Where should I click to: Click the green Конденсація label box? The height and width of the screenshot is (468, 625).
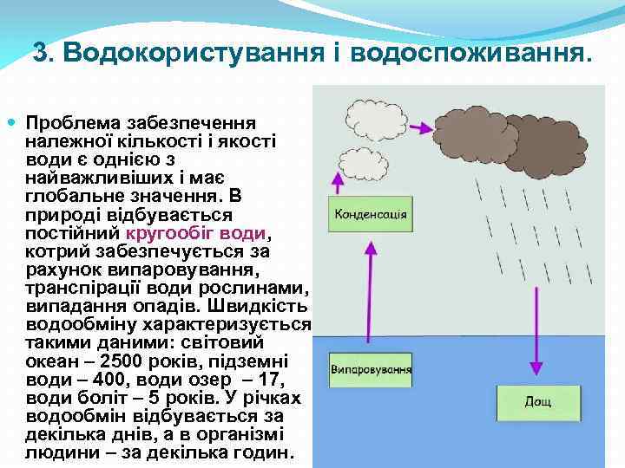369,214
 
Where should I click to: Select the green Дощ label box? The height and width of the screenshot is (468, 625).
537,401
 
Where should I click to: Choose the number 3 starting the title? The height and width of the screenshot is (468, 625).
40,54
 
